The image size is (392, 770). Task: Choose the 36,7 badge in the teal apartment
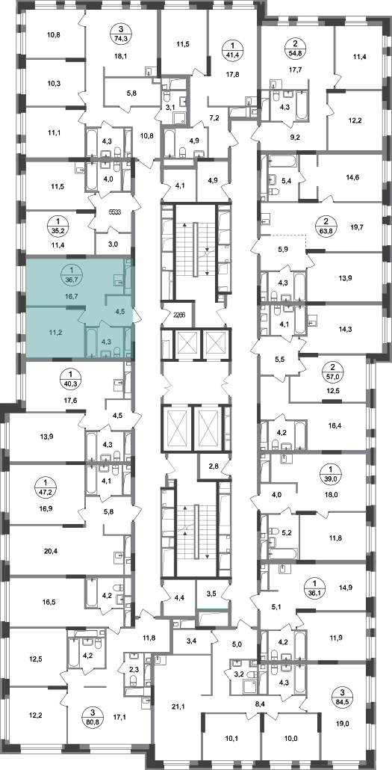click(71, 274)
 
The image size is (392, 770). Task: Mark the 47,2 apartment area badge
click(48, 487)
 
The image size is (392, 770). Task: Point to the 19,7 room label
click(358, 227)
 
